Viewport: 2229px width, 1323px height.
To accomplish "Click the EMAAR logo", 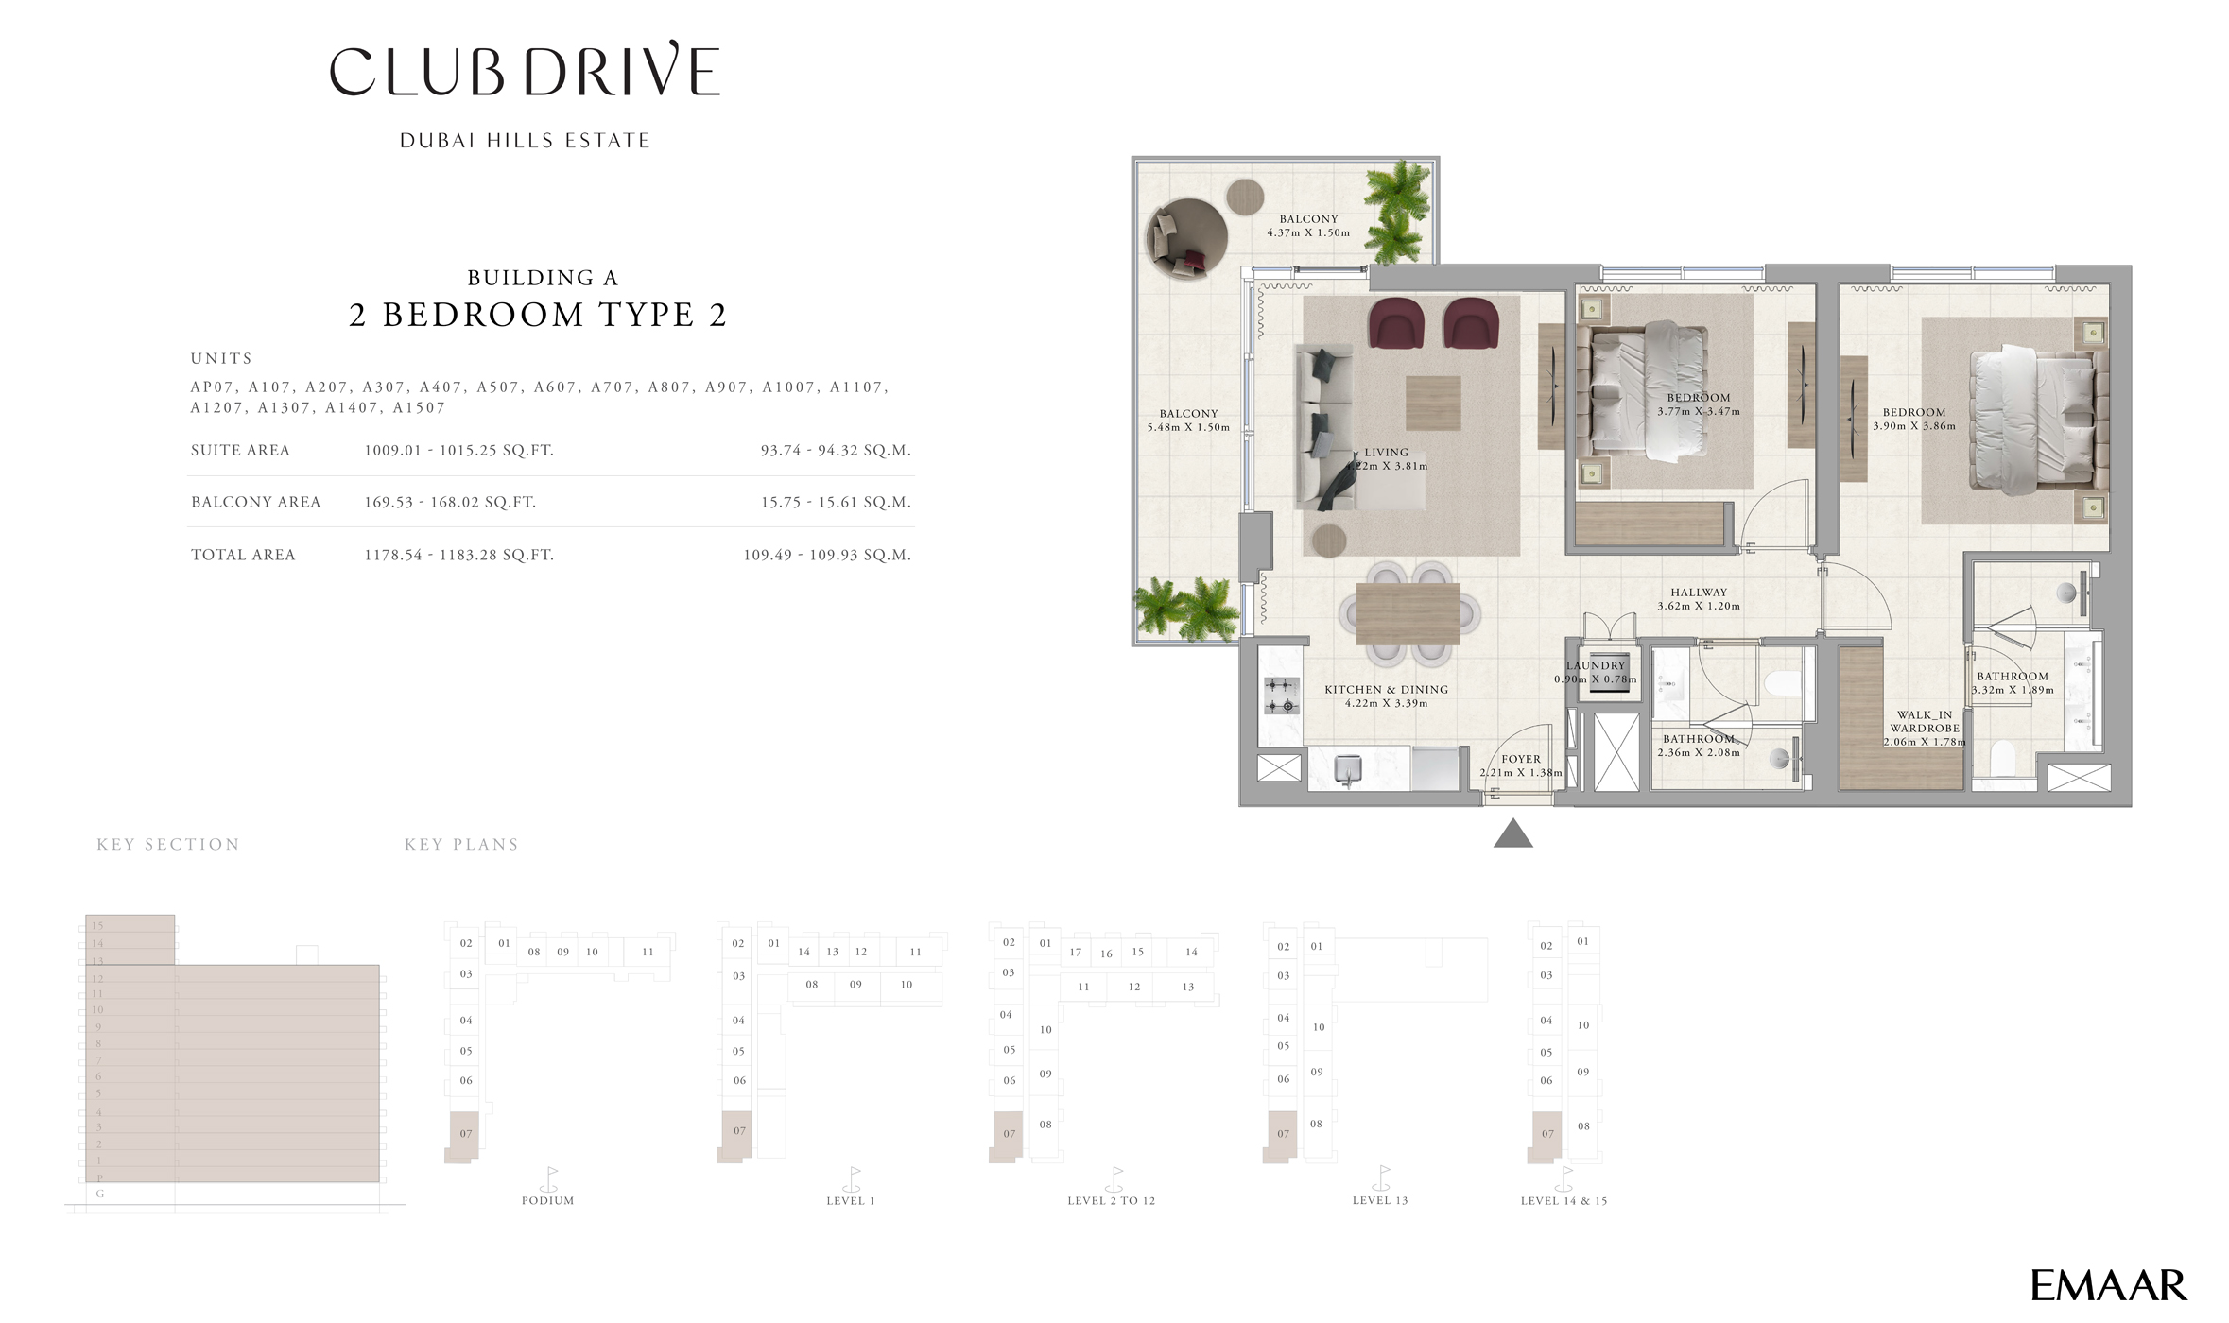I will coord(2108,1286).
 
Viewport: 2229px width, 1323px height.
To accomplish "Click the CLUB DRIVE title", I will coord(525,71).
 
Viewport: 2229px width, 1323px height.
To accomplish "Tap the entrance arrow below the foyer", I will coord(1512,833).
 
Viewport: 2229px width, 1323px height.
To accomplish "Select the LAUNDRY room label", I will coord(1595,666).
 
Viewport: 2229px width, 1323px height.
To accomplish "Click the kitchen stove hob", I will coord(1281,696).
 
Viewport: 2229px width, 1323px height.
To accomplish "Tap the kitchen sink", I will coord(1347,769).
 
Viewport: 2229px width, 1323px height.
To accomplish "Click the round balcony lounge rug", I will coord(1186,239).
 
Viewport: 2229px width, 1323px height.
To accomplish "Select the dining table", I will coord(1408,614).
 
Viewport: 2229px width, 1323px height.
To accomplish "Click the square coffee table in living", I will coord(1432,404).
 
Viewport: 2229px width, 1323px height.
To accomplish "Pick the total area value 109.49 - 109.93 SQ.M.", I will coord(826,555).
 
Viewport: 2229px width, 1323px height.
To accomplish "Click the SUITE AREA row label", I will coord(240,451).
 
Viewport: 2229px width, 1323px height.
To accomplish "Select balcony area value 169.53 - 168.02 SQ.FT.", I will coord(450,503).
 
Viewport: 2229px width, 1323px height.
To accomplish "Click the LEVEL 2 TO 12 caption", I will coord(1111,1201).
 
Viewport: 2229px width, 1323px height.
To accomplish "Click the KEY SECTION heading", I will coord(167,845).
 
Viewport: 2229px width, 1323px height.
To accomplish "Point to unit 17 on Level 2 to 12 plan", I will coord(1075,953).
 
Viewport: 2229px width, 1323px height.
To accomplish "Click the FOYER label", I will coord(1520,759).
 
